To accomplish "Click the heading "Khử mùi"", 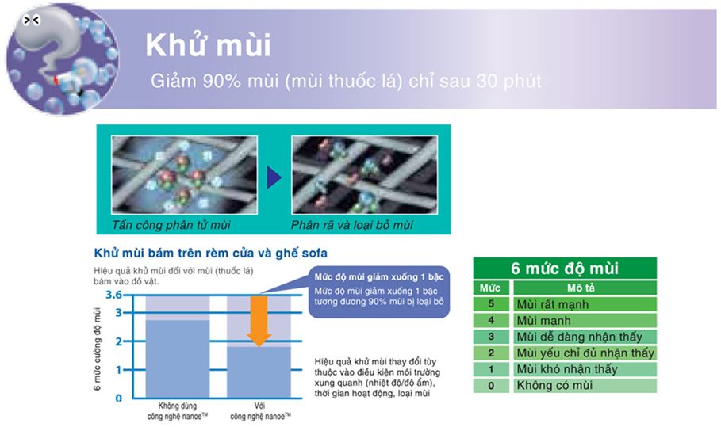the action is point(209,44).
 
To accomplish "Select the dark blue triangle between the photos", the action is point(274,177).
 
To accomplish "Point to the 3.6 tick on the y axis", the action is point(113,295).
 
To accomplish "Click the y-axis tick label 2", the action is point(119,341).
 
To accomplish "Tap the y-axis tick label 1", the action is point(119,370).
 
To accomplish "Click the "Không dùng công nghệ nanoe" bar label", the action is point(178,411).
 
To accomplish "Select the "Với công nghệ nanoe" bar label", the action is point(260,411).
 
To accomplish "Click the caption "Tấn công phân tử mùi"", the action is point(171,225).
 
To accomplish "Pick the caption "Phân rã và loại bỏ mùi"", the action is point(351,225).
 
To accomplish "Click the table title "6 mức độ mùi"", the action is point(565,268).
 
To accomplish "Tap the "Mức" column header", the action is point(490,288).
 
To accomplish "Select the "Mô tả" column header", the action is point(581,288).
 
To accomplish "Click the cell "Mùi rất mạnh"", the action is point(553,304).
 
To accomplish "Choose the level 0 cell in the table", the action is point(491,386).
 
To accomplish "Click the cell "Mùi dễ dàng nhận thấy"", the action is point(579,337).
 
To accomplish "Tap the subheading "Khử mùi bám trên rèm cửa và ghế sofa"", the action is point(211,253).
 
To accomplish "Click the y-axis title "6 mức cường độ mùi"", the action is point(97,349).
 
